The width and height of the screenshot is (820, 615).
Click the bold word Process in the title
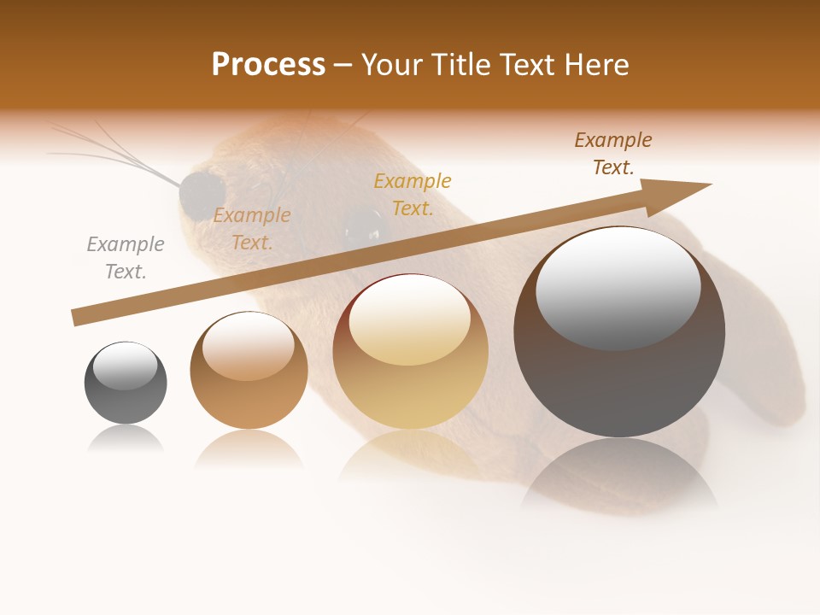[x=268, y=65]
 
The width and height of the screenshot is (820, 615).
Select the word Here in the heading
[x=596, y=65]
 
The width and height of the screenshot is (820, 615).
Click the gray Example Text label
[x=126, y=258]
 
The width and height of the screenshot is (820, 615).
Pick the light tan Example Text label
[x=252, y=229]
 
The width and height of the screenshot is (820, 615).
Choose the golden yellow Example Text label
[x=413, y=195]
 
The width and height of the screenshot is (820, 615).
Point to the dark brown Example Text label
[x=613, y=154]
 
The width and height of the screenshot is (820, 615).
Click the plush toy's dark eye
[x=365, y=223]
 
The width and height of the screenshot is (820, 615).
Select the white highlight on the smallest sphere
[x=126, y=366]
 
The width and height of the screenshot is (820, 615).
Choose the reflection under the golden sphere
[x=410, y=457]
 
